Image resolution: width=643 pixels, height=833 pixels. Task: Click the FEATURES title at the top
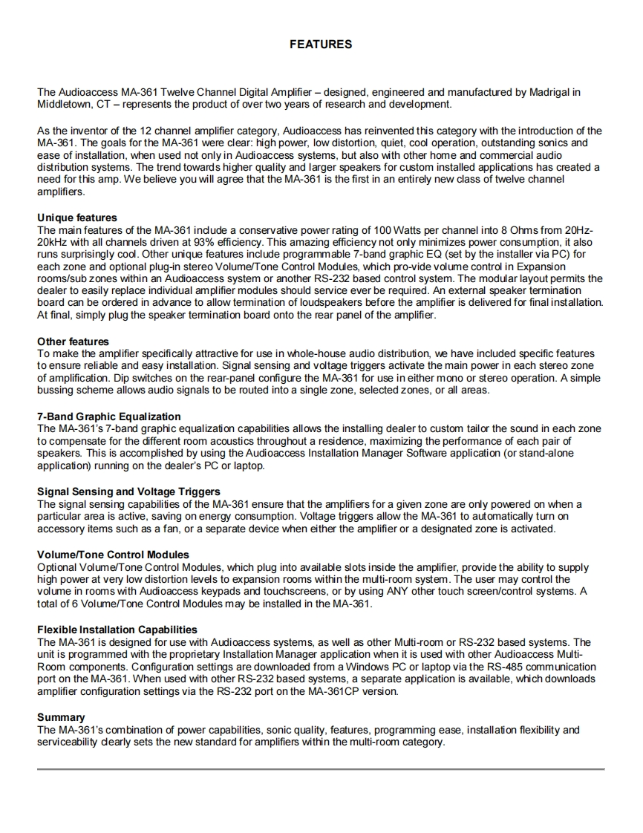pos(321,45)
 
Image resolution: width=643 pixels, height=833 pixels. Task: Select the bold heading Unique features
pos(77,218)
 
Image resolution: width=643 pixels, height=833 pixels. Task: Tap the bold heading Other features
pos(73,342)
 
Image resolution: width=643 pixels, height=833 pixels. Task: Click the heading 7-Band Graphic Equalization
pos(109,416)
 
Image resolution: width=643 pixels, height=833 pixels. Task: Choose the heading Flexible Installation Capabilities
pos(117,630)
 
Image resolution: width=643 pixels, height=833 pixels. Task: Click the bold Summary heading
pos(61,717)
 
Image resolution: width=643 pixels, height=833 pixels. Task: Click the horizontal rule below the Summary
pos(321,769)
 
